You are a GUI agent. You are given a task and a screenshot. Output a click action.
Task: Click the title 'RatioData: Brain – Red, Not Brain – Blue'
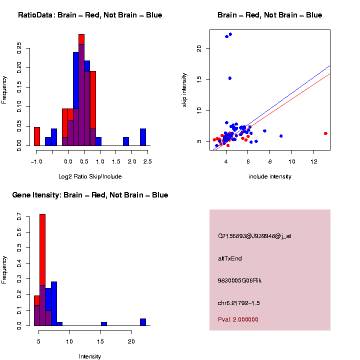[90, 15]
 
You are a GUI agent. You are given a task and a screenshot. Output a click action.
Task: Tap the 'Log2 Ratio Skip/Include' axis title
[90, 176]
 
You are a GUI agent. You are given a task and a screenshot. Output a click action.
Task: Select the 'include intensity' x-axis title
[270, 176]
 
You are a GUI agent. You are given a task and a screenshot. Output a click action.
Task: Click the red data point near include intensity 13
[325, 133]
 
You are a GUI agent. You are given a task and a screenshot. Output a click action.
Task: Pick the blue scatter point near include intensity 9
[281, 136]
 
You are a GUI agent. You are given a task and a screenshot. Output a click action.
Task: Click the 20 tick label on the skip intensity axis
[199, 48]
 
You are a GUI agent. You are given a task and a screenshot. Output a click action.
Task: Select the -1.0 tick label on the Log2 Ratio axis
[35, 161]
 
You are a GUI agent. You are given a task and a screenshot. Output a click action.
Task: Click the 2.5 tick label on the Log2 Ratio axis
[147, 161]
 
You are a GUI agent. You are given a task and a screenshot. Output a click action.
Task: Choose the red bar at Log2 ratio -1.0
[37, 136]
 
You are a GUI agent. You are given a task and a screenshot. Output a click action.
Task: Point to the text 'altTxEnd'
[230, 258]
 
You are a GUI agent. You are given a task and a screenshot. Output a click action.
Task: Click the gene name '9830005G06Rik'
[239, 280]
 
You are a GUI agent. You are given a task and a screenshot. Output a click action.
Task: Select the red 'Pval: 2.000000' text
[238, 319]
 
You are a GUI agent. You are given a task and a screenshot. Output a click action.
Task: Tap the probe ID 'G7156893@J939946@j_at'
[254, 236]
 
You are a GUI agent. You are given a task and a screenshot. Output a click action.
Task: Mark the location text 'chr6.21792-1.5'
[239, 303]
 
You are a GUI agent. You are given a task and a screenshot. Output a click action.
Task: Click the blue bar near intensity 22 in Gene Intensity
[143, 322]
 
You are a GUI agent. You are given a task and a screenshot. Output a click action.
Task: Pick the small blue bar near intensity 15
[104, 324]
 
